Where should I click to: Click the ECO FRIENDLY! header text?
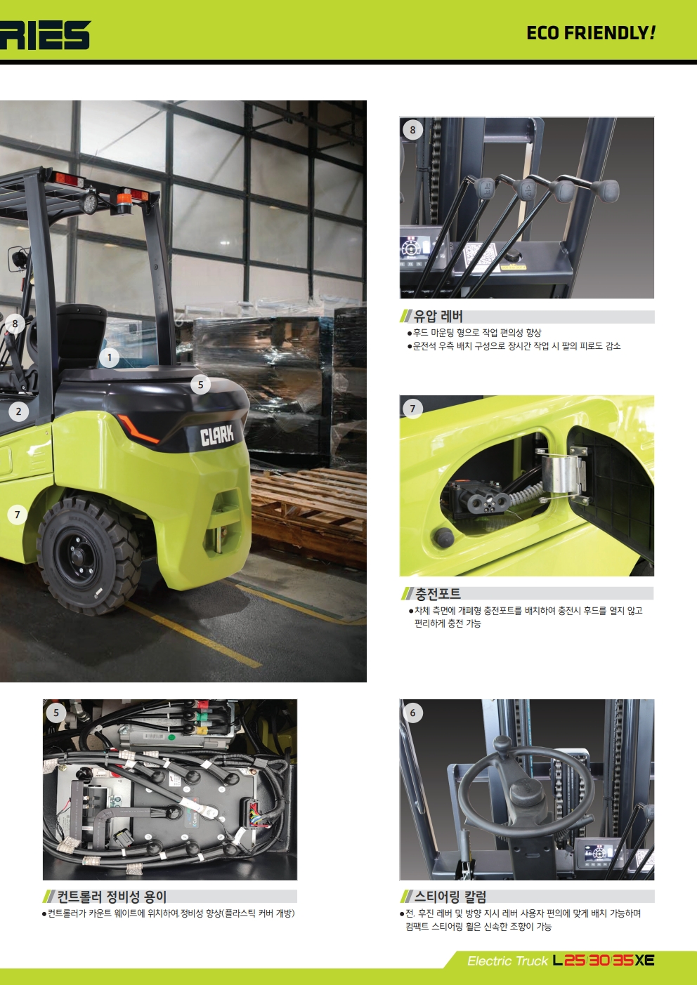click(x=591, y=33)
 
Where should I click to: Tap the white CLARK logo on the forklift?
click(x=217, y=435)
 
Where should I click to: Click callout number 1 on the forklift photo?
click(x=109, y=358)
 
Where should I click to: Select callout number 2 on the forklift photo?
click(x=18, y=411)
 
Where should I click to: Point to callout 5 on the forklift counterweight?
click(x=201, y=385)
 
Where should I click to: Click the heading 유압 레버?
click(x=438, y=316)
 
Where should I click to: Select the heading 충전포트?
click(x=438, y=594)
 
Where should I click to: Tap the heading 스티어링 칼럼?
click(x=450, y=896)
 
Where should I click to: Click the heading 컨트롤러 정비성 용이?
click(x=112, y=896)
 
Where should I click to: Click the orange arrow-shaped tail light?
click(x=138, y=428)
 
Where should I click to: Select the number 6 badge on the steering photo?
click(x=412, y=713)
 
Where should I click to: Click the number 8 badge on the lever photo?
click(x=412, y=130)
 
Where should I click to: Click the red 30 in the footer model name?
click(x=599, y=960)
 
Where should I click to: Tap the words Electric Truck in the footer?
click(x=507, y=961)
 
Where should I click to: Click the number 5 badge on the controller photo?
click(x=56, y=713)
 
